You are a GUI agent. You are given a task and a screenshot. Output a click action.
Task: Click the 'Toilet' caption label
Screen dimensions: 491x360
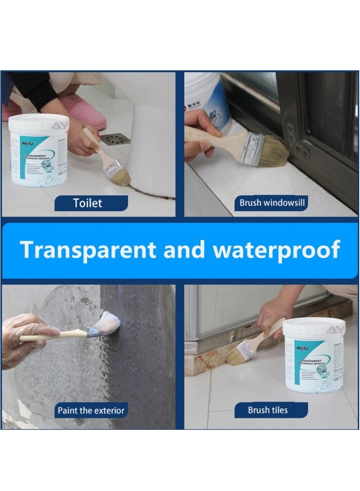(x=87, y=203)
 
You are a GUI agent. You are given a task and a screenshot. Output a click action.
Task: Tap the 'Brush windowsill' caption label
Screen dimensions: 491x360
(x=272, y=203)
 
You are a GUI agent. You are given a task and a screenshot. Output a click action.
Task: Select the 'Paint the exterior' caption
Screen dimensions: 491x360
(x=90, y=410)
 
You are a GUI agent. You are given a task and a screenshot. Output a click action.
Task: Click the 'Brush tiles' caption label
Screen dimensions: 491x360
(x=267, y=410)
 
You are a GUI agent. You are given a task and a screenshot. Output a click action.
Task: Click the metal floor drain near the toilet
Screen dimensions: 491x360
(x=115, y=139)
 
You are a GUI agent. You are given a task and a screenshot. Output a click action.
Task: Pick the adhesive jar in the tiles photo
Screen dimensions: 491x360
(x=314, y=355)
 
